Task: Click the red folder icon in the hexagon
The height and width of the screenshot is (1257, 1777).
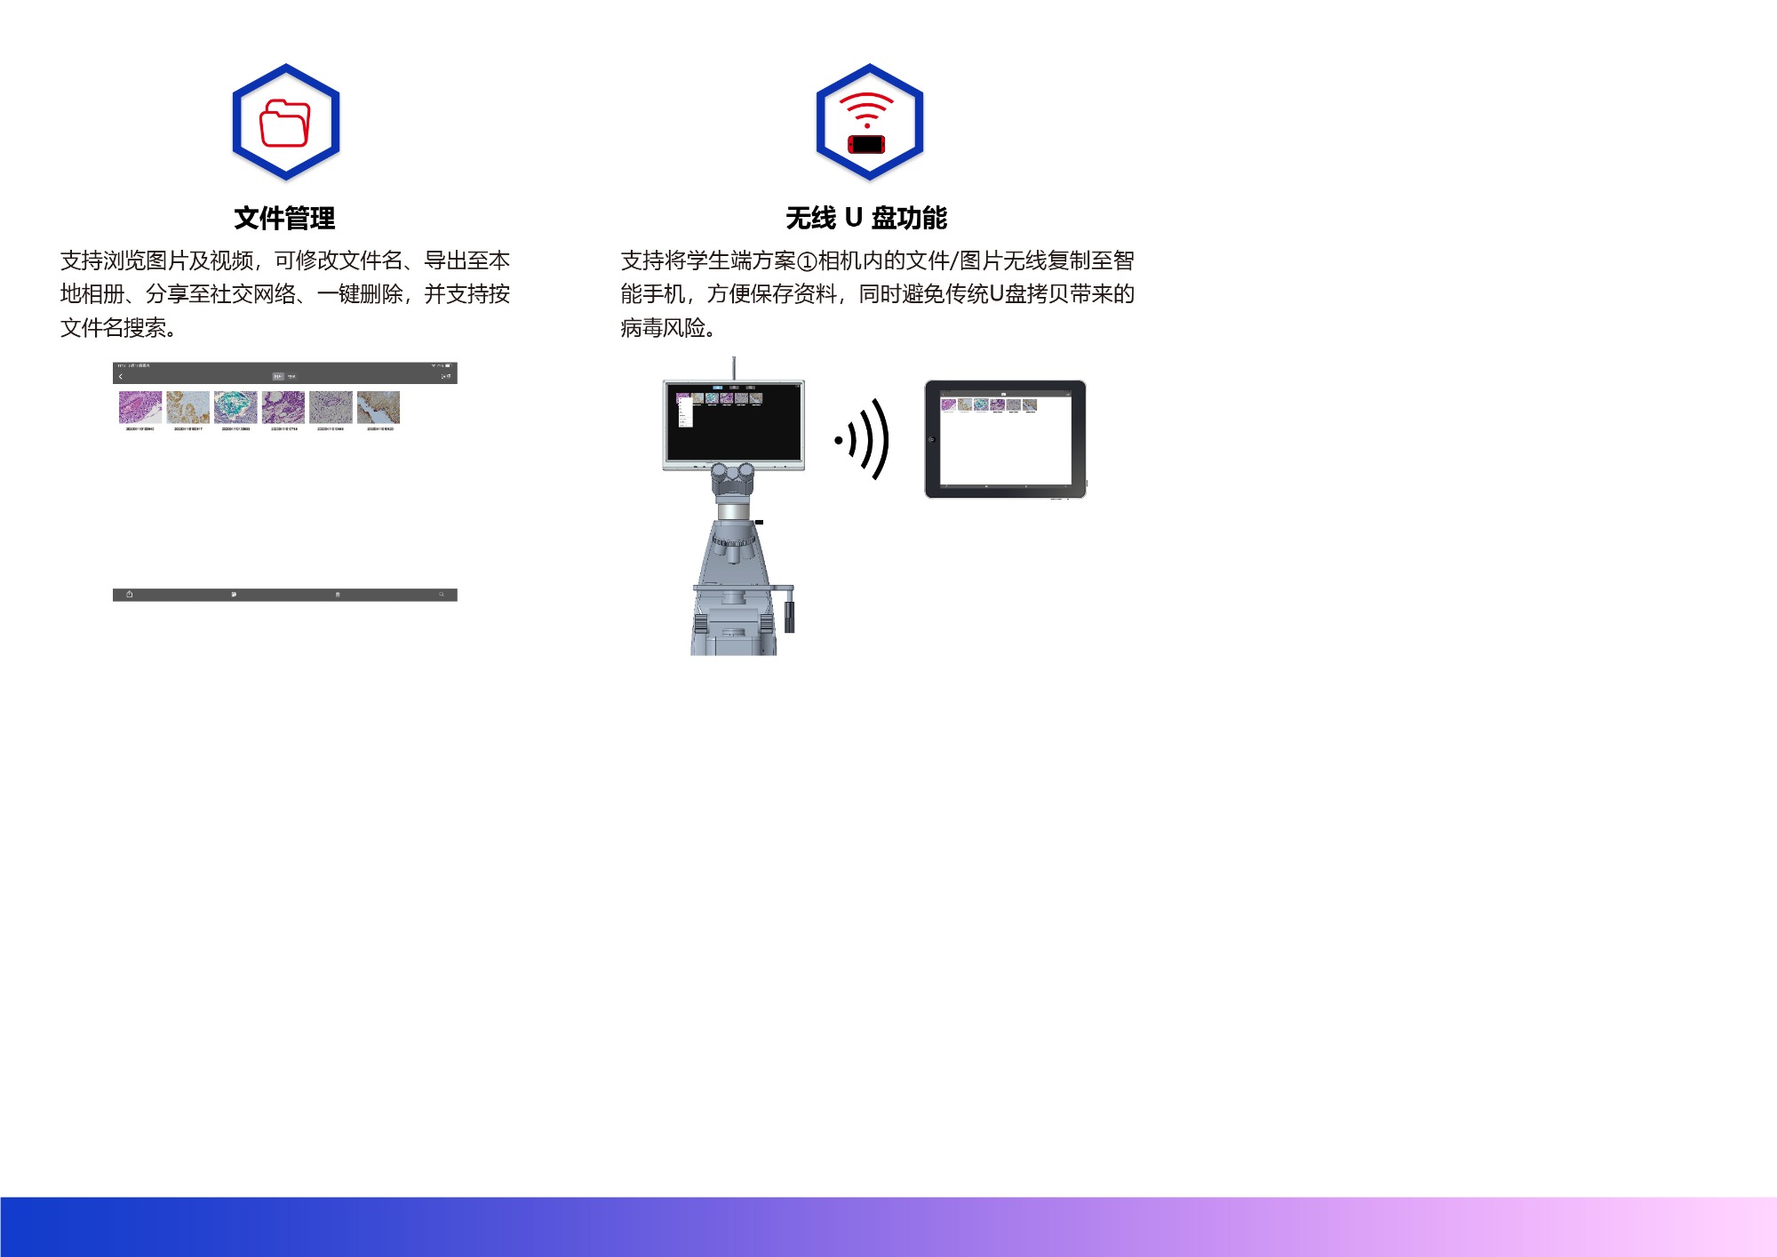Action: click(285, 123)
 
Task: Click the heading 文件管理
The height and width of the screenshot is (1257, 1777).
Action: click(284, 218)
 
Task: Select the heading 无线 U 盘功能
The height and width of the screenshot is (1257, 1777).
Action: click(866, 218)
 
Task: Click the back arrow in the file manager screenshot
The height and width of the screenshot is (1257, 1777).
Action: click(121, 377)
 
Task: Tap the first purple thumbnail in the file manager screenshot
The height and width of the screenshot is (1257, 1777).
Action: click(140, 407)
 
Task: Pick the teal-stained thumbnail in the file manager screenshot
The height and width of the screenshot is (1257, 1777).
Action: click(235, 407)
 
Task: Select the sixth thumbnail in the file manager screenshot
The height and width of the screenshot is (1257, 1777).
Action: click(379, 407)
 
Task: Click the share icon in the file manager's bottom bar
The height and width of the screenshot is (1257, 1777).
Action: click(130, 595)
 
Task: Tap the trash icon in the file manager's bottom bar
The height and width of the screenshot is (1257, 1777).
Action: click(338, 595)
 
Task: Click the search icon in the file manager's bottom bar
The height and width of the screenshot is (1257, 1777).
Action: click(441, 595)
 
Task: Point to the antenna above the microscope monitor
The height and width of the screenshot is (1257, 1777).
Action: click(733, 367)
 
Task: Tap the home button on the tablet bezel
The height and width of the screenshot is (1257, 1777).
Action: click(932, 439)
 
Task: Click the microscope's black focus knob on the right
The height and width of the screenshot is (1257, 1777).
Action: click(789, 616)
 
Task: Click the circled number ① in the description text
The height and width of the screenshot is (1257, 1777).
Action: click(807, 261)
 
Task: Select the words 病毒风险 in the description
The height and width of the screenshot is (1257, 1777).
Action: click(663, 328)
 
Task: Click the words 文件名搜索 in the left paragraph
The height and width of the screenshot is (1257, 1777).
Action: click(113, 328)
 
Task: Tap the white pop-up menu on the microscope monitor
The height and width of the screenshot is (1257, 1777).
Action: click(684, 412)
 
